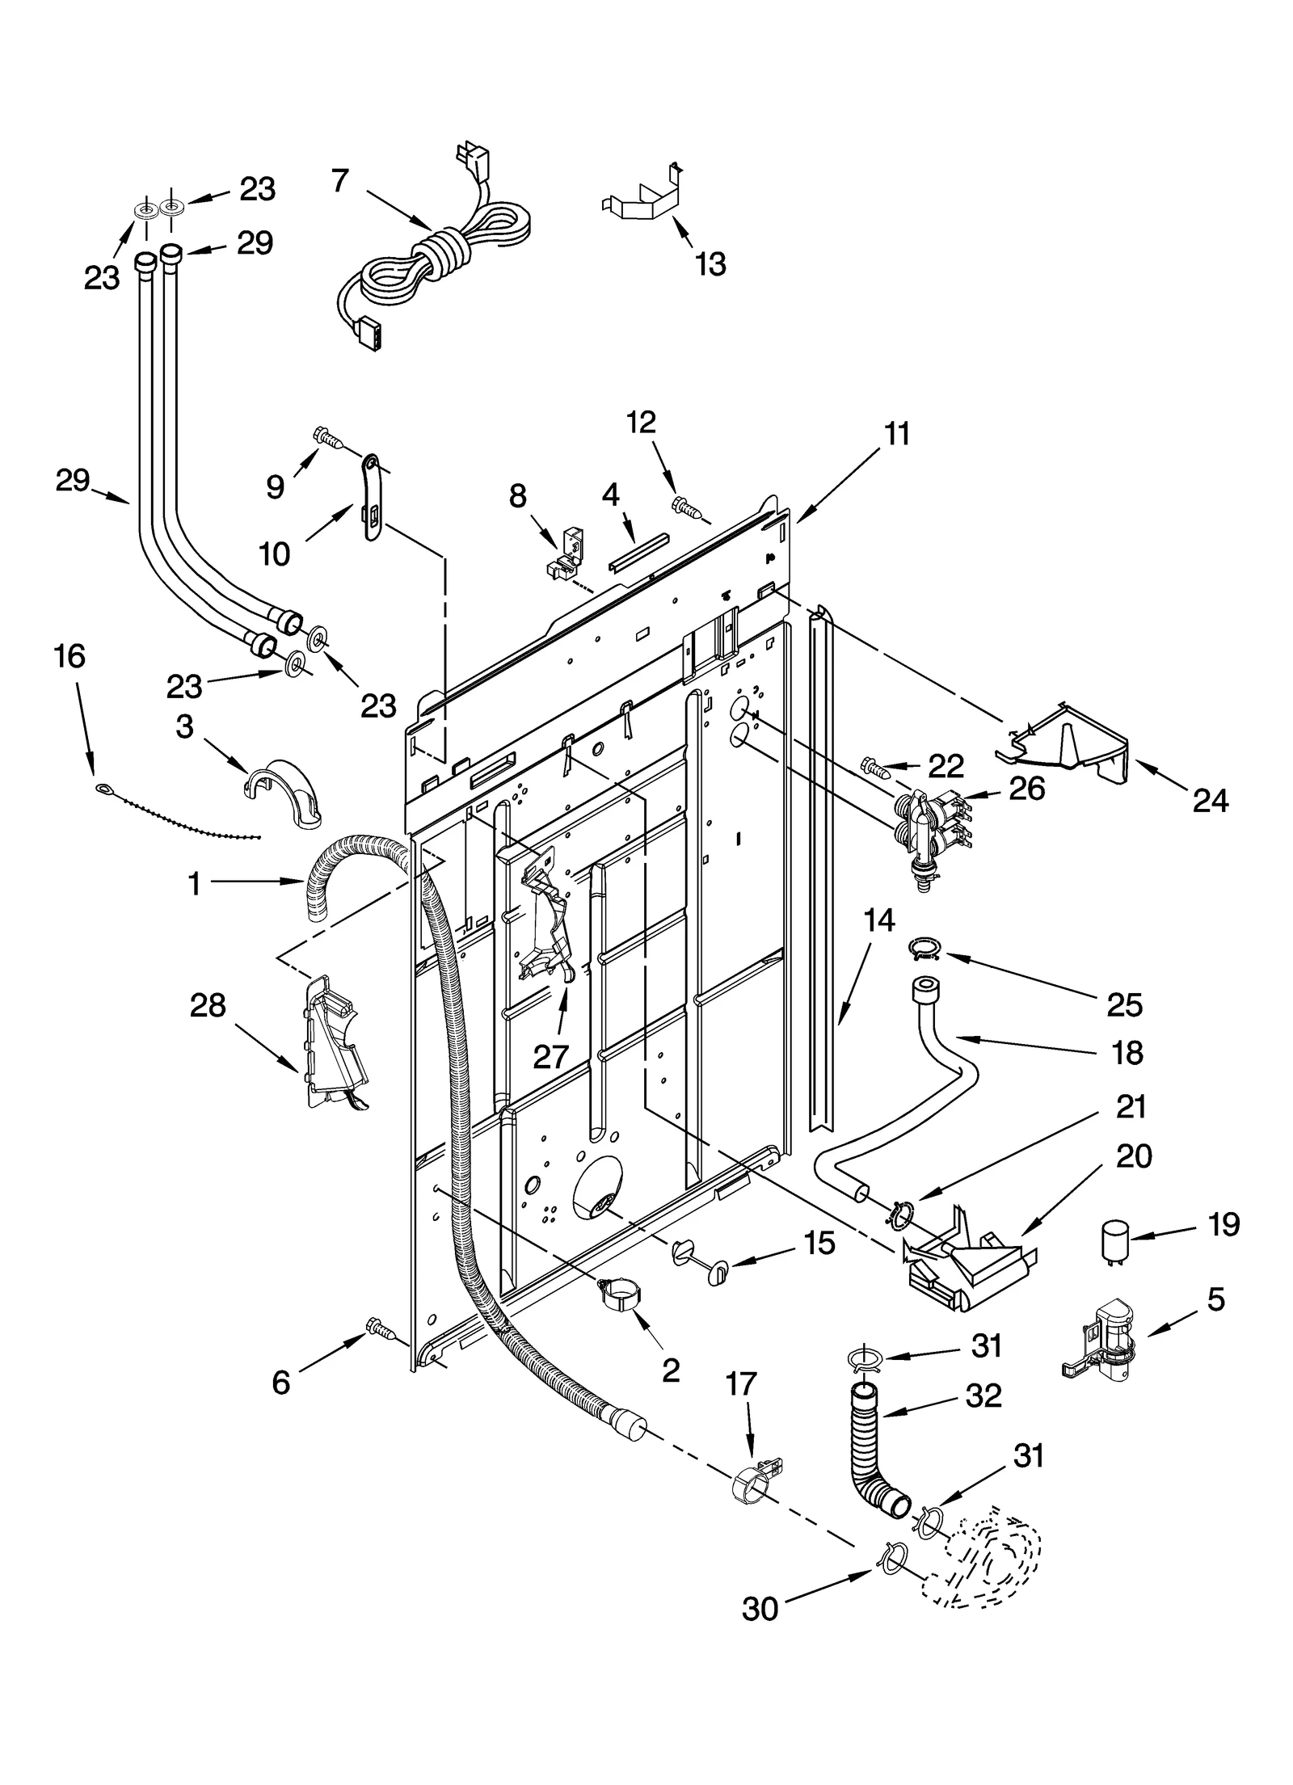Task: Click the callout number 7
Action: (340, 180)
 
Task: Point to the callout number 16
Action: (70, 656)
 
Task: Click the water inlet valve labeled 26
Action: (929, 826)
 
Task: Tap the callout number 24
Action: (1210, 800)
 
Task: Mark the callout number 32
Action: (983, 1396)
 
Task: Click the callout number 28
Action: (208, 1006)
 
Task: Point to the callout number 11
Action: (897, 434)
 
